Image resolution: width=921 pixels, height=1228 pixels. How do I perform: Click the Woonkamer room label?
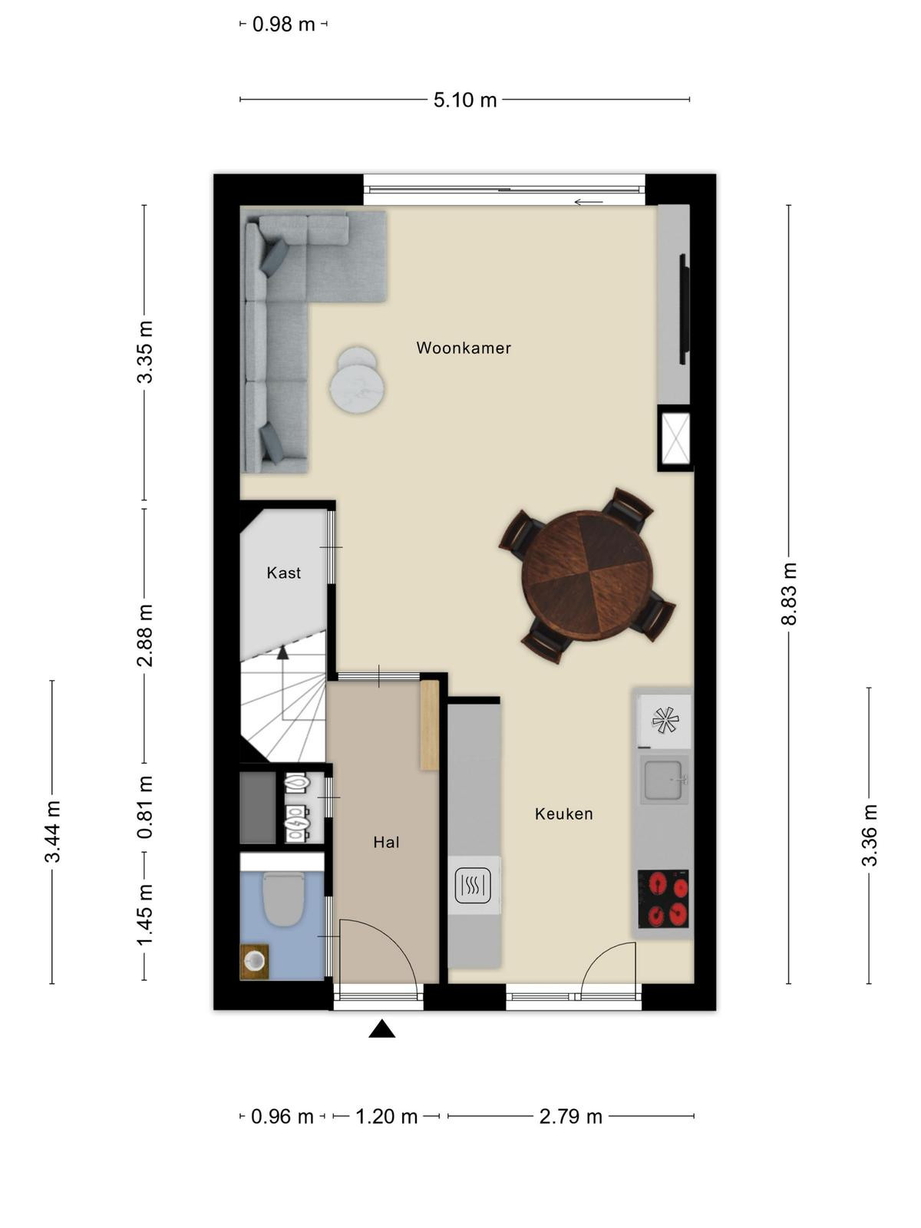464,348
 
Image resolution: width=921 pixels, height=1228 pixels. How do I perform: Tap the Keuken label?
563,814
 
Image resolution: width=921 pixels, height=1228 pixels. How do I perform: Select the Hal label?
386,842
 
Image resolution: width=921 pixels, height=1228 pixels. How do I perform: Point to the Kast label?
283,573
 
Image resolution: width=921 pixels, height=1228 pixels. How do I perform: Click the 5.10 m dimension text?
465,100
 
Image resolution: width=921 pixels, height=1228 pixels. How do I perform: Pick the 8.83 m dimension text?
789,593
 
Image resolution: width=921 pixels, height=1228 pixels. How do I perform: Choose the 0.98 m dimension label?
283,25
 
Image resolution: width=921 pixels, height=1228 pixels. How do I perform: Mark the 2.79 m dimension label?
570,1117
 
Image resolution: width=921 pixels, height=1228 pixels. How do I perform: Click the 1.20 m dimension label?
386,1117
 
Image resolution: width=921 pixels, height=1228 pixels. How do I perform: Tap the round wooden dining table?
586,575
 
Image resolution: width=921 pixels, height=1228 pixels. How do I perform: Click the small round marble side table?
357,381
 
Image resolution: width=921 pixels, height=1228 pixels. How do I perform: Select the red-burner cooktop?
663,899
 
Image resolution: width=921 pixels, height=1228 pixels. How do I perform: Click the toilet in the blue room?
283,899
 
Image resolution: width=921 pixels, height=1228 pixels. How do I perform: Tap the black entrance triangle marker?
382,1028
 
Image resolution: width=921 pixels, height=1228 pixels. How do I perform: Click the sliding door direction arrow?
588,202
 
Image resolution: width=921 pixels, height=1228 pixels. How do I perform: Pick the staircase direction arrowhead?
282,652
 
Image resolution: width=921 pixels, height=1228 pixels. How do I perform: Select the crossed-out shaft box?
675,438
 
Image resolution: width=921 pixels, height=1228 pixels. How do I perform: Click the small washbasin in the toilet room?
255,961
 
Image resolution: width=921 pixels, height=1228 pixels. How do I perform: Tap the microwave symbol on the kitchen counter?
473,886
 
